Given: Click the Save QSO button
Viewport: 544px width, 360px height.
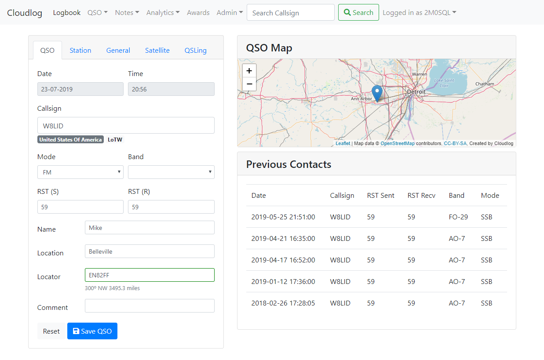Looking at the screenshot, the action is [92, 331].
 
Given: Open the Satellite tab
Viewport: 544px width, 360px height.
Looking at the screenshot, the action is [157, 50].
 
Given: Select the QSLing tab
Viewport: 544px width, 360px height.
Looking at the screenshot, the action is [196, 50].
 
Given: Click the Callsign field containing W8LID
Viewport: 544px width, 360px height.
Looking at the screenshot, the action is [126, 126].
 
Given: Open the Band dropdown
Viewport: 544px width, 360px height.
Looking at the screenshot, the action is [171, 172].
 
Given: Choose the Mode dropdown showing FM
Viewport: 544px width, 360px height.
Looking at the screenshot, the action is [80, 172].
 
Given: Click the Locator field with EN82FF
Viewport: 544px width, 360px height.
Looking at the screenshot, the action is [150, 275].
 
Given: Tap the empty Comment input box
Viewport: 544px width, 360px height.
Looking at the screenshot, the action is [150, 305].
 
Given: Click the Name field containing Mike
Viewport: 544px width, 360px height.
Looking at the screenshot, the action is [150, 227].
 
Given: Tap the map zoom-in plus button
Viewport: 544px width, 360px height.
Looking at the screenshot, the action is [249, 71].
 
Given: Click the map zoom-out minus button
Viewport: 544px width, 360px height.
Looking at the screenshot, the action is [249, 84].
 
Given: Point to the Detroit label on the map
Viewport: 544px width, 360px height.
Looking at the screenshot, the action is [416, 92].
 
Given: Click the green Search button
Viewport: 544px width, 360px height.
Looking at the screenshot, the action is [358, 12].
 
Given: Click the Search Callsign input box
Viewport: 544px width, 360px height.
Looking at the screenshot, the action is [290, 12].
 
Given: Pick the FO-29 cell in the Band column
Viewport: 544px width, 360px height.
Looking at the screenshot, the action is [458, 217].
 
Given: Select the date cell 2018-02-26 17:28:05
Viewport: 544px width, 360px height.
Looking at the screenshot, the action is [283, 303].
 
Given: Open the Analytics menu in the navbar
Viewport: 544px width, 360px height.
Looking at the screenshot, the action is [163, 12].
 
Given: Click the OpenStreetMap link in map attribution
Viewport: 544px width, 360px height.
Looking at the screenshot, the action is [397, 143].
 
